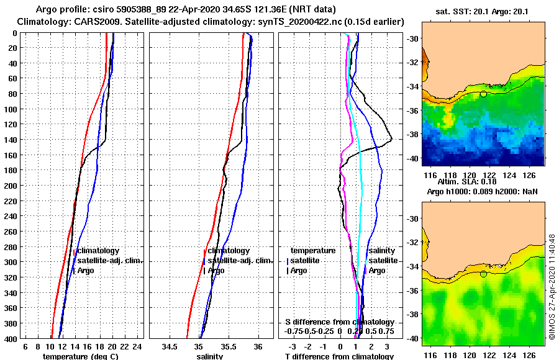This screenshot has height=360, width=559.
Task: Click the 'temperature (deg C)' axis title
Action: [x=80, y=356]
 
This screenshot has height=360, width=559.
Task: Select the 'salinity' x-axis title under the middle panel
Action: [x=210, y=356]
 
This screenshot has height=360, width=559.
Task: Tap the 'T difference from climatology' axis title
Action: [x=339, y=356]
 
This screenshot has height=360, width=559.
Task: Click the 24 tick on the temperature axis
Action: [x=137, y=346]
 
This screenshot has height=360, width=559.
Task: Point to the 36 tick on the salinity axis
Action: [x=258, y=346]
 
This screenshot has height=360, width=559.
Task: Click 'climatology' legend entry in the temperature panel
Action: [x=99, y=251]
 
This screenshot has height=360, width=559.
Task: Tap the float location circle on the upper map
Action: [x=483, y=94]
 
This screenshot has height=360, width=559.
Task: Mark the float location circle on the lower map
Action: [x=483, y=274]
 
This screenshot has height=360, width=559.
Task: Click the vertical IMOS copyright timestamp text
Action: [x=552, y=287]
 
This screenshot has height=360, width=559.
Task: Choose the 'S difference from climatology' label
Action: [x=339, y=322]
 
